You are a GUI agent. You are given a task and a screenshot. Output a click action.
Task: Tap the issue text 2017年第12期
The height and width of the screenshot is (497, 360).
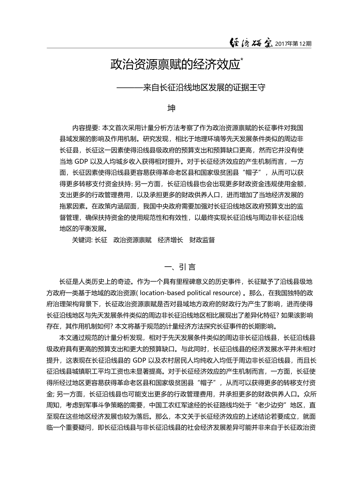tap(293, 44)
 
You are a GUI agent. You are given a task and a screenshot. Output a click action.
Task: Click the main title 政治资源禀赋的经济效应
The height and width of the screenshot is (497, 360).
tap(175, 64)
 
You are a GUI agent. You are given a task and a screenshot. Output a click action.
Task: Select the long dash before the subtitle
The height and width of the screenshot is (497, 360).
tap(130, 88)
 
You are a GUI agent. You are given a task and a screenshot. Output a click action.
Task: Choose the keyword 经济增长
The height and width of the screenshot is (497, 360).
tap(170, 240)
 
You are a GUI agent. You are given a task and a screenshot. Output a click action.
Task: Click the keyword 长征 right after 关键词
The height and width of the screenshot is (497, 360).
tap(101, 240)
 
